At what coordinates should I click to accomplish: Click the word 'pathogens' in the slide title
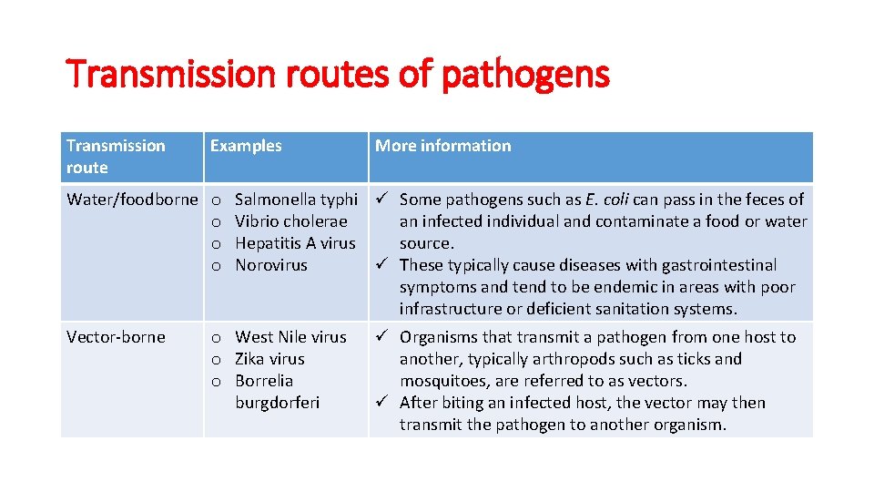click(x=524, y=74)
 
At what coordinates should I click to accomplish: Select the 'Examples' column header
click(x=246, y=146)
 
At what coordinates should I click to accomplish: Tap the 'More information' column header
click(x=443, y=146)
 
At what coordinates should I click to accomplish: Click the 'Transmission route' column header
click(x=116, y=157)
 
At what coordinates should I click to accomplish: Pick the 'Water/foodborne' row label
click(x=132, y=200)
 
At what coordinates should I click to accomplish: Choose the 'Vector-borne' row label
click(x=116, y=337)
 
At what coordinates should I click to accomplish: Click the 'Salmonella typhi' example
click(x=296, y=200)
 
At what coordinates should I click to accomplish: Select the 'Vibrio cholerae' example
click(x=291, y=221)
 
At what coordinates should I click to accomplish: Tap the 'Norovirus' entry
click(x=271, y=265)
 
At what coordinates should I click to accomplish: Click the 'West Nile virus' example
click(x=290, y=337)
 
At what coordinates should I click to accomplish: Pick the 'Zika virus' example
click(x=269, y=359)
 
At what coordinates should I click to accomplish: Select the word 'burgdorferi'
click(x=278, y=403)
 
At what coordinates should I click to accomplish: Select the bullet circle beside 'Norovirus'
click(x=217, y=266)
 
